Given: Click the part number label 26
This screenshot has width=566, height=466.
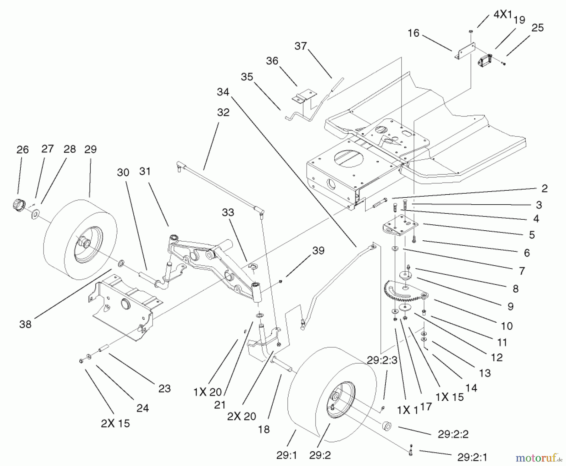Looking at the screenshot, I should (23, 150).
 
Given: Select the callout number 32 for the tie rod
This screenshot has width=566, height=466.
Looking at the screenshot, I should (223, 112).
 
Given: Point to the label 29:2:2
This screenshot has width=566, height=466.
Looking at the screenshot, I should (453, 434).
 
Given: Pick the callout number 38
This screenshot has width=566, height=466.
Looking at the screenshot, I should (25, 324).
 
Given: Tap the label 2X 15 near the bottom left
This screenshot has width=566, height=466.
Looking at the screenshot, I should (115, 424).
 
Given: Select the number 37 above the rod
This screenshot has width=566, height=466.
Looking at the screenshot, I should (301, 46).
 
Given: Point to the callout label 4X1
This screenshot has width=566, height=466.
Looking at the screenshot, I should (502, 14).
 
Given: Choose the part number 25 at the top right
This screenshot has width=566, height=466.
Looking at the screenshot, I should (537, 28).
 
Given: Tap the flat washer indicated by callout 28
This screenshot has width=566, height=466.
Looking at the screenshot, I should (35, 214).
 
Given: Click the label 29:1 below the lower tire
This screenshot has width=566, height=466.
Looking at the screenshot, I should (287, 455).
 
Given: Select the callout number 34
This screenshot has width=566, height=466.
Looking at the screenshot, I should (223, 92).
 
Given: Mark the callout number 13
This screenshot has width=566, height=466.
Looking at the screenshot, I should (485, 373).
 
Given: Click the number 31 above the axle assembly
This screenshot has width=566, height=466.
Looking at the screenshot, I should (145, 172).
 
